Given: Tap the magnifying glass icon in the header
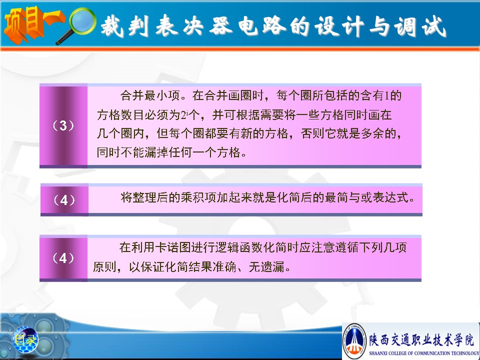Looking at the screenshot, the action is (78, 25).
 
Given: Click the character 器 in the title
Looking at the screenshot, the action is (221, 25).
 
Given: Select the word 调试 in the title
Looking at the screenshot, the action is (419, 26).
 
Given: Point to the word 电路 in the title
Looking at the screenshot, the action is (262, 25).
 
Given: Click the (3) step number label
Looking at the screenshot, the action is (63, 125).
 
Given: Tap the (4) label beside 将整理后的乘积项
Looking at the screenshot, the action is (64, 200).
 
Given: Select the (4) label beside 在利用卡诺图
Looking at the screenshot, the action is (63, 258).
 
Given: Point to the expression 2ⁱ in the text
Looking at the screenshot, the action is (184, 115).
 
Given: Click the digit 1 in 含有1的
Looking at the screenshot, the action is (387, 96).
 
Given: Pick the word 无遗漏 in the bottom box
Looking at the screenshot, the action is (266, 266).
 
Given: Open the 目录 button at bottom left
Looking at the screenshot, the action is (25, 339).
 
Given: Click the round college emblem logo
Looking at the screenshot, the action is (354, 341).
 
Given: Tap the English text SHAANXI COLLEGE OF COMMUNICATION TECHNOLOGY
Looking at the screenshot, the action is (424, 353).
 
